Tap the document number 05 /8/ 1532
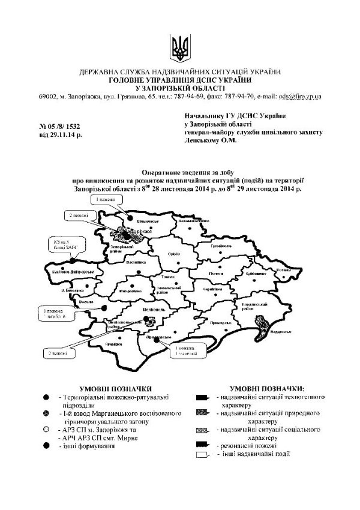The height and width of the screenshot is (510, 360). (59, 127)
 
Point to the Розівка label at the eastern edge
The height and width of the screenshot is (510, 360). (283, 270)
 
